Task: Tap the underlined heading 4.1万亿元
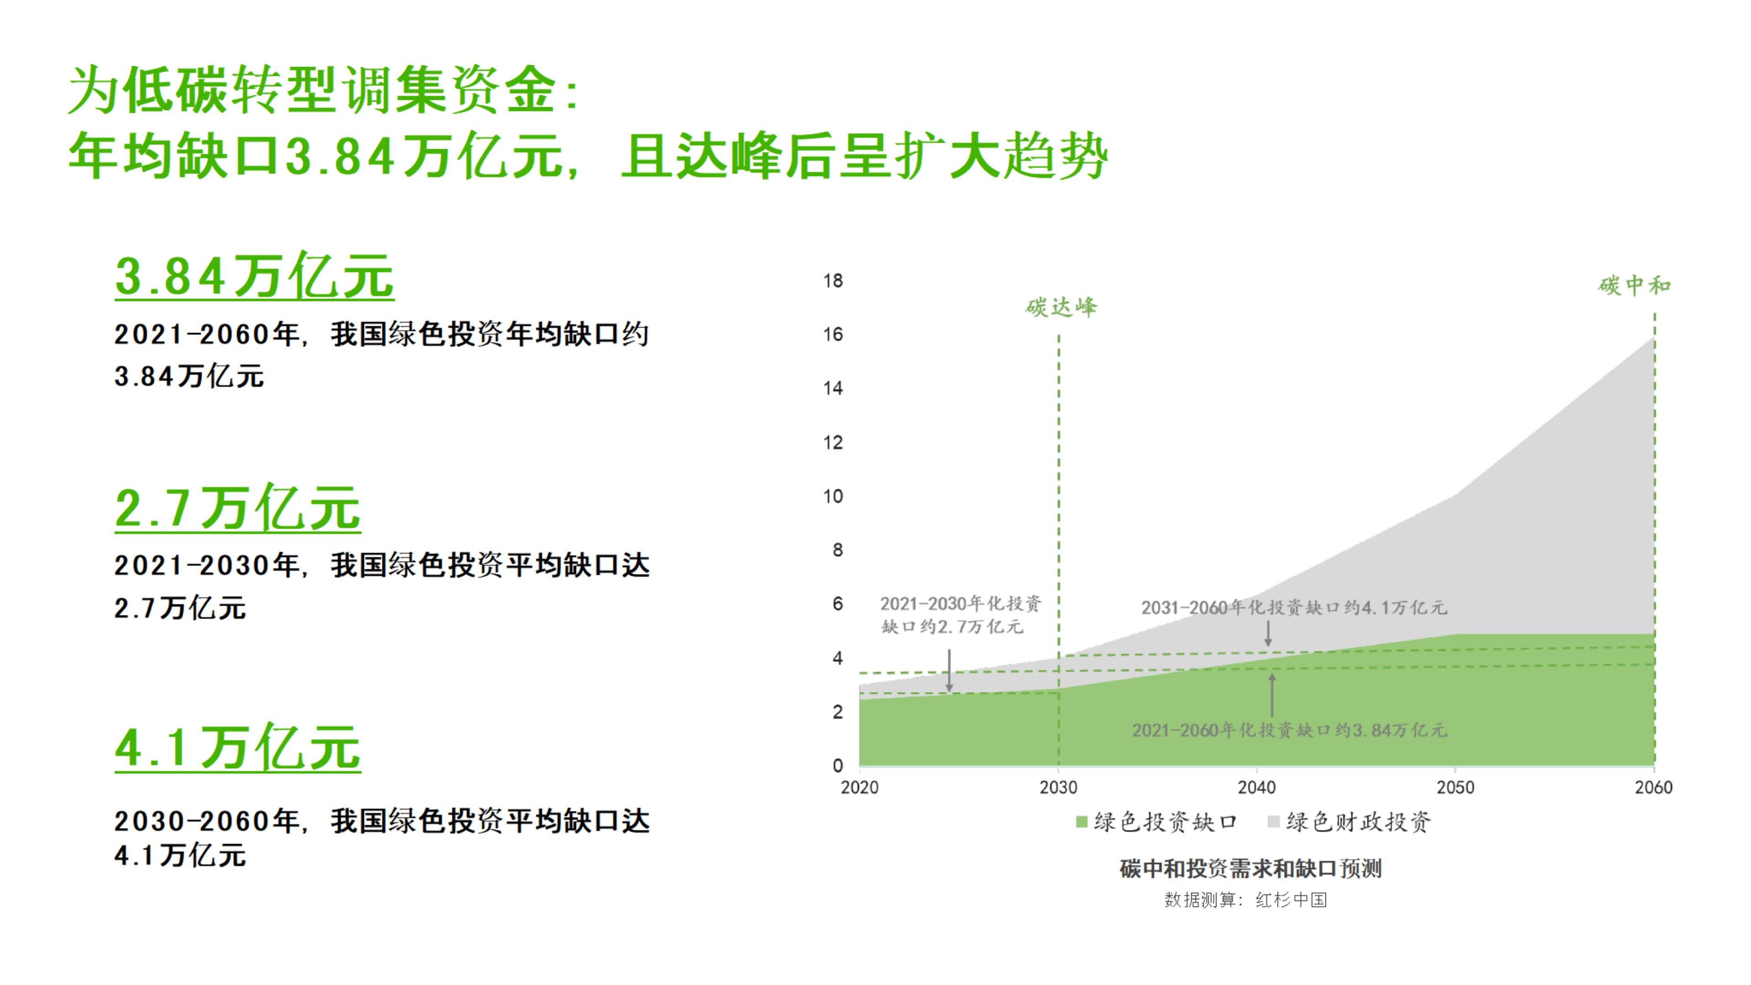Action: (x=237, y=748)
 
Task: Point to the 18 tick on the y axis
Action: (x=833, y=281)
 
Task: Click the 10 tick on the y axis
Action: (x=833, y=496)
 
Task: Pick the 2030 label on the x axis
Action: (x=1058, y=788)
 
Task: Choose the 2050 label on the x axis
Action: (x=1455, y=788)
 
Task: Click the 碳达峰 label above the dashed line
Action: (x=1061, y=308)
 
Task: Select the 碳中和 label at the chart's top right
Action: (x=1634, y=286)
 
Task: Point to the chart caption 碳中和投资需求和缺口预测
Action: (x=1251, y=869)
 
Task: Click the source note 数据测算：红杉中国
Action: (x=1245, y=900)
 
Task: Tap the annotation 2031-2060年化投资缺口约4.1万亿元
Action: (x=1294, y=607)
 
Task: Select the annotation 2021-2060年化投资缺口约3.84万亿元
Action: (x=1289, y=730)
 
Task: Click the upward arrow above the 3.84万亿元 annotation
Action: (x=1272, y=695)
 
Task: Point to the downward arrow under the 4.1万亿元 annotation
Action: (x=1268, y=634)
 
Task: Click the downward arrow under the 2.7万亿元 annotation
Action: (x=950, y=671)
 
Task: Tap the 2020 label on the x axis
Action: (x=860, y=788)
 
